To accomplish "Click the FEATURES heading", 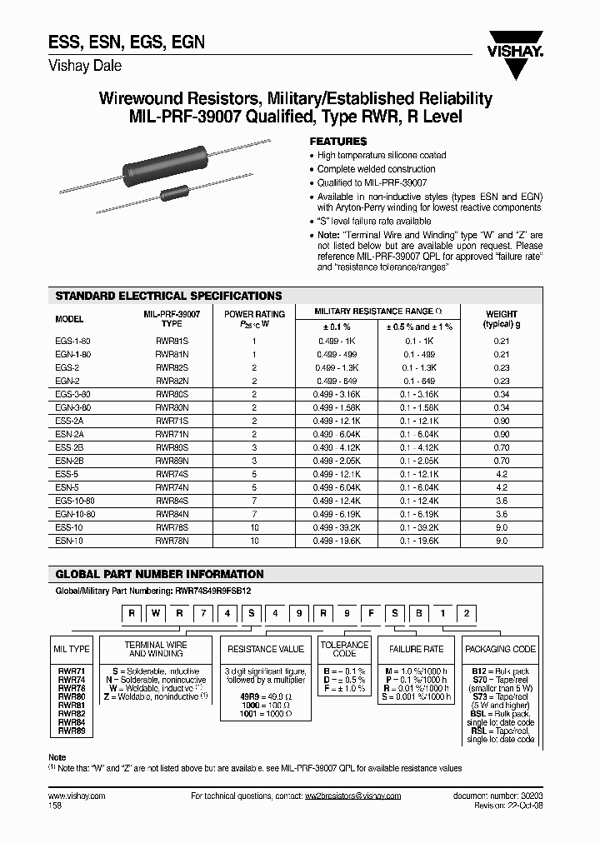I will click(337, 142).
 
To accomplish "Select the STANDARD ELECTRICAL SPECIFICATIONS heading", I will click(168, 296).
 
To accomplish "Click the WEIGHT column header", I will click(501, 319).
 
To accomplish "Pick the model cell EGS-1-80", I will click(72, 342).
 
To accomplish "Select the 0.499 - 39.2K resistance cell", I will click(337, 528).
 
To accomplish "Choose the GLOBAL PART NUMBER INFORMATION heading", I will click(159, 574).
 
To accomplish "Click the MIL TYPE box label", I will click(72, 648).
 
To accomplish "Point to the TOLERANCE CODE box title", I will click(344, 649).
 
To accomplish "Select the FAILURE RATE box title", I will click(416, 648).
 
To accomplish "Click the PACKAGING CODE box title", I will click(500, 648).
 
